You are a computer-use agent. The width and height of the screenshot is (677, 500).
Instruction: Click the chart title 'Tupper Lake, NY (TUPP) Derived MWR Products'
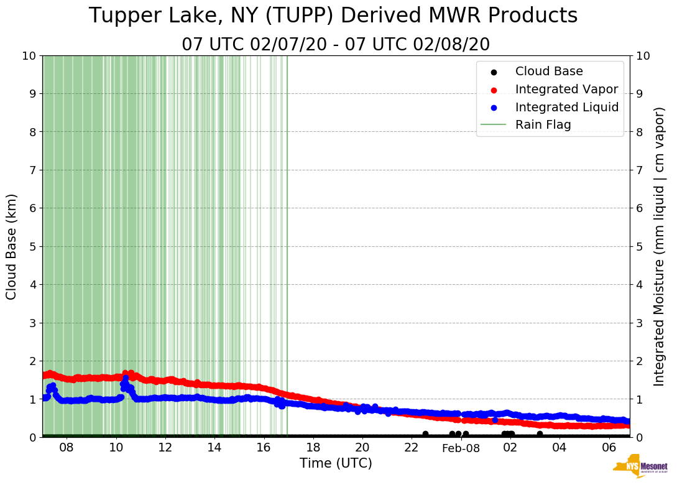click(x=333, y=16)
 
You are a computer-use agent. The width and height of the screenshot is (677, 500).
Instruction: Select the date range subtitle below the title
click(x=336, y=45)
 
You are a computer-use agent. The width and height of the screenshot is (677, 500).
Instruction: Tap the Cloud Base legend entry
click(x=548, y=72)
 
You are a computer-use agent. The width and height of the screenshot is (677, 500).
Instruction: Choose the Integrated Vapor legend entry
click(x=566, y=89)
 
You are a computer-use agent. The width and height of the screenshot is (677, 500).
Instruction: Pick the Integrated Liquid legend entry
click(x=566, y=107)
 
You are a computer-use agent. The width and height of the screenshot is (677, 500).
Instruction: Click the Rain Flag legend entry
click(x=543, y=124)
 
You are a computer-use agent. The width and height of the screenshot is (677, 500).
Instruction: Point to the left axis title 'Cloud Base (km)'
click(x=12, y=246)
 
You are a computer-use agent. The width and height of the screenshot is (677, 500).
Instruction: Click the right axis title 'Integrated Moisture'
click(x=660, y=246)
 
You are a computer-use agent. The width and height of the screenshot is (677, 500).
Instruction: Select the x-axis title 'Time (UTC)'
click(x=336, y=463)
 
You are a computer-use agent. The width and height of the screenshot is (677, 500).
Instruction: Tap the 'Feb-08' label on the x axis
click(x=461, y=448)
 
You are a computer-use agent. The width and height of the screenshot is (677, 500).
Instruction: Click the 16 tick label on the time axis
click(x=264, y=448)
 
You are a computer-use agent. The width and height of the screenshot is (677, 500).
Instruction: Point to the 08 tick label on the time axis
click(x=67, y=448)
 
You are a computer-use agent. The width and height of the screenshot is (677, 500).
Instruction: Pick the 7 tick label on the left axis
click(x=32, y=170)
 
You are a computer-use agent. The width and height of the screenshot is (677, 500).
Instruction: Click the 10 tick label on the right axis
click(x=643, y=55)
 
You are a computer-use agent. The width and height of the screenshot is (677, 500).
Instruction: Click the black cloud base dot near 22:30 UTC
click(x=425, y=434)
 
